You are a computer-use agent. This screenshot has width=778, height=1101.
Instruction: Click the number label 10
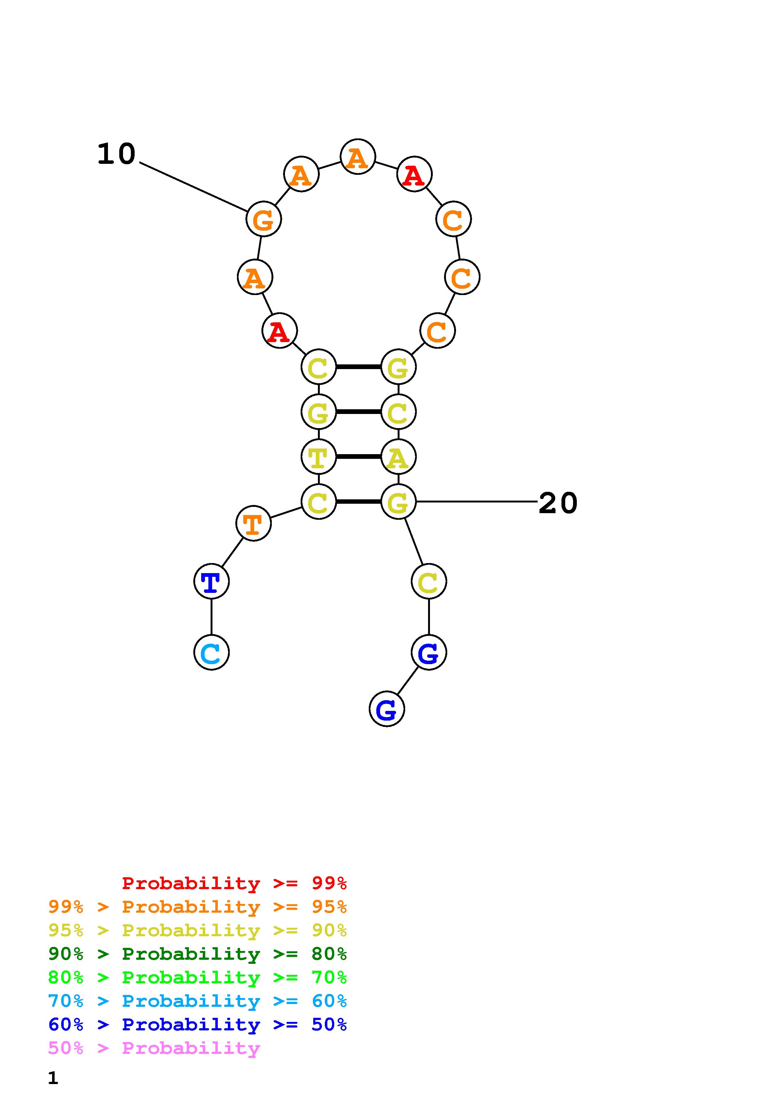point(116,154)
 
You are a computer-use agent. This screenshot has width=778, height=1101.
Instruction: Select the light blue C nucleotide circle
point(212,653)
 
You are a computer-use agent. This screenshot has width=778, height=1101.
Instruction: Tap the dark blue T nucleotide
point(212,581)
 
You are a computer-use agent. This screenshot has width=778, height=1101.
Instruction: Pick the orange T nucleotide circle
point(254,523)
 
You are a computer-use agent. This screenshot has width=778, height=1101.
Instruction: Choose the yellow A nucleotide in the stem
point(398,457)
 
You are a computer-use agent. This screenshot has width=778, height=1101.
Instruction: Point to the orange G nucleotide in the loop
point(264,219)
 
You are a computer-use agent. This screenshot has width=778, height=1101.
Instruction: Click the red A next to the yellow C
point(279,330)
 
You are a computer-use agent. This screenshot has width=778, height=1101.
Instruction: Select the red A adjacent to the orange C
point(415,174)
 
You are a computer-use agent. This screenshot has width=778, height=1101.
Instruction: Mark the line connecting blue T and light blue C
point(212,617)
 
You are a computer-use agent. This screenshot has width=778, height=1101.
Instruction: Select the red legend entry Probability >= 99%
point(234,883)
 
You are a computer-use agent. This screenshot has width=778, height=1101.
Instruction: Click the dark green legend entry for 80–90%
point(197,954)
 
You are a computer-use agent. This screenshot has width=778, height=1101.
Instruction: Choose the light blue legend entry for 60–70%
point(197,1001)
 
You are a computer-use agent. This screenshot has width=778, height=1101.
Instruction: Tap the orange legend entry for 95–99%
point(197,907)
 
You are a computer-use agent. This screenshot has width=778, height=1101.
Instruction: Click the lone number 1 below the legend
point(53,1078)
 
